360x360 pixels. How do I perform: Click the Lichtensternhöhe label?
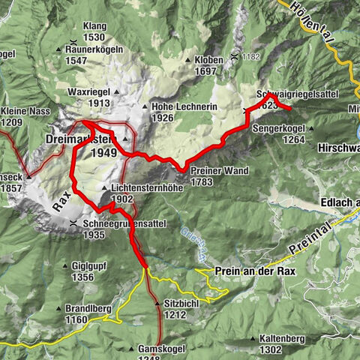tap(147, 187)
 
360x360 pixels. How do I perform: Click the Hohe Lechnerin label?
tap(184, 107)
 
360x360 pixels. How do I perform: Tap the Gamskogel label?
tap(161, 349)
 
